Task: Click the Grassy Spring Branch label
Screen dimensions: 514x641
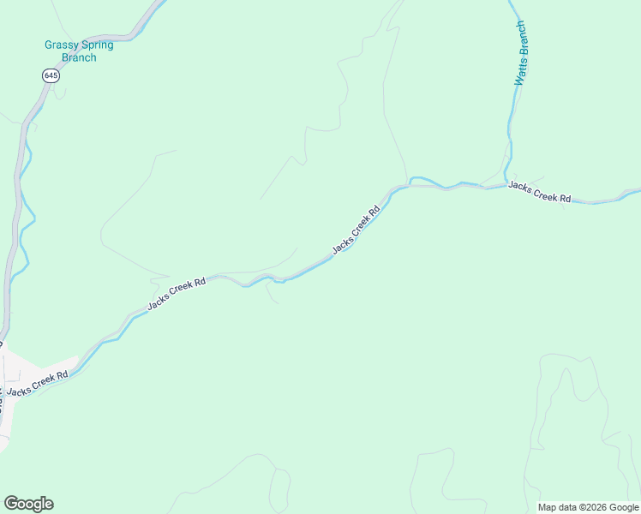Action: (x=79, y=51)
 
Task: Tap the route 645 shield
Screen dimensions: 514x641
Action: (x=51, y=76)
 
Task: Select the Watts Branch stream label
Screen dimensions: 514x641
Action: (x=520, y=52)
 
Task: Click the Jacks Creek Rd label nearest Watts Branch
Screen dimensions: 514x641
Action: (x=539, y=191)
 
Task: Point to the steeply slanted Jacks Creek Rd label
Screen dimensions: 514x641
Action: (x=356, y=230)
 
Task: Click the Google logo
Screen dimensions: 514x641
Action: (x=28, y=504)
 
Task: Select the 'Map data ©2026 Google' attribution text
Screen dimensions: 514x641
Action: (x=588, y=507)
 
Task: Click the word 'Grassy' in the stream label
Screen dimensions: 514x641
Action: (x=61, y=45)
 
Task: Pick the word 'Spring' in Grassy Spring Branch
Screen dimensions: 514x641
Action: (x=97, y=45)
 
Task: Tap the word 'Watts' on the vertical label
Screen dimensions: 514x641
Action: (x=519, y=74)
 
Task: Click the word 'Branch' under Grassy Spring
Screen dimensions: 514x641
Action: (x=79, y=58)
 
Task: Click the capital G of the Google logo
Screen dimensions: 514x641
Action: (x=10, y=503)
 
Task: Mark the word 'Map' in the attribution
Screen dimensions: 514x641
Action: (x=548, y=507)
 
